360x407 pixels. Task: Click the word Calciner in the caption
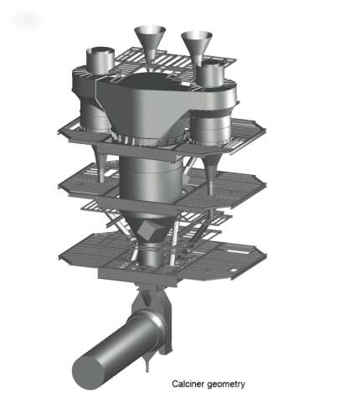click(x=188, y=384)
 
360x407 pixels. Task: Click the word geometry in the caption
click(x=226, y=384)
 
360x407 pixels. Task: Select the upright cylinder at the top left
click(x=100, y=60)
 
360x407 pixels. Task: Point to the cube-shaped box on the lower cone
click(x=149, y=230)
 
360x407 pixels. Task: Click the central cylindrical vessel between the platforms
click(x=150, y=178)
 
